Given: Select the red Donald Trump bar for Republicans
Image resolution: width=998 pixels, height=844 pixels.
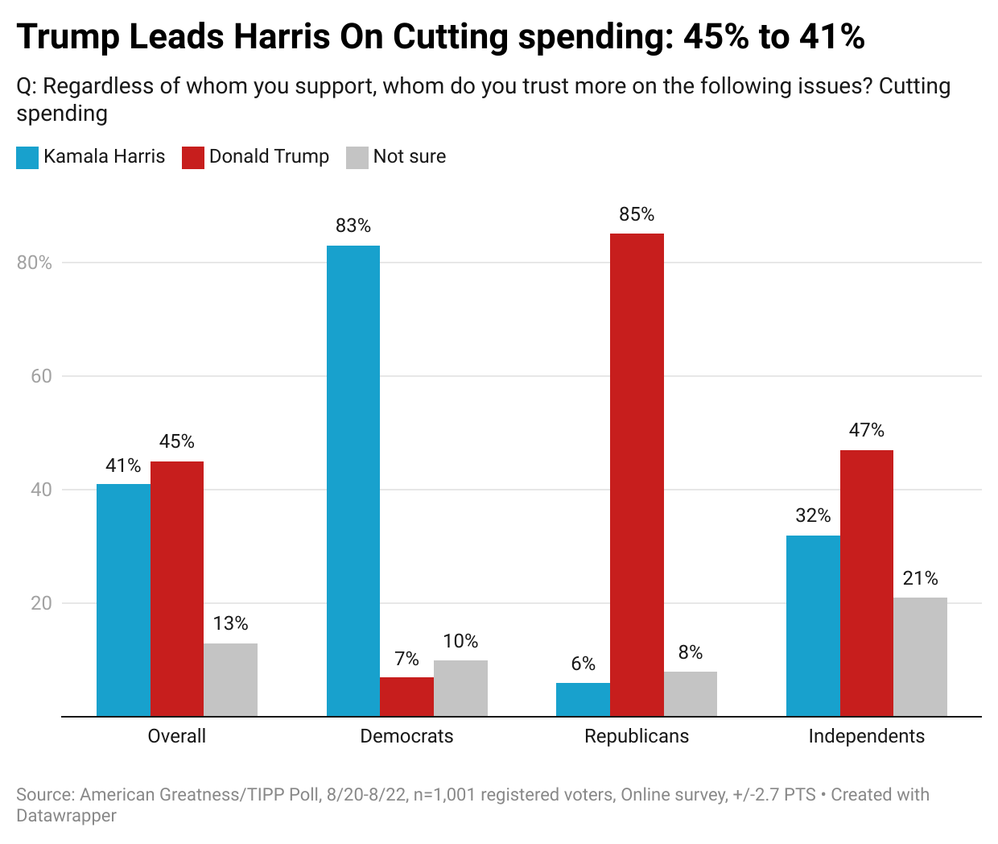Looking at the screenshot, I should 637,475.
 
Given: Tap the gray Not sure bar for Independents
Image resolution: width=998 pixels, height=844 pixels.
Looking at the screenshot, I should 920,657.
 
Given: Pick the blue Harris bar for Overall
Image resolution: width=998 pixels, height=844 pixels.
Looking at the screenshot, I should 123,600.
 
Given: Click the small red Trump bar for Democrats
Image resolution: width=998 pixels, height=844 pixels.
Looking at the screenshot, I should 406,697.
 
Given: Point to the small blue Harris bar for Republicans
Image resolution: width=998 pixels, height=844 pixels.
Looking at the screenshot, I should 583,700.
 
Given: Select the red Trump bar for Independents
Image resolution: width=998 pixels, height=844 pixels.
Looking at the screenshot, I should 866,583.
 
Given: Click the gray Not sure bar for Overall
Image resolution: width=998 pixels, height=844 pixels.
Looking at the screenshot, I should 230,680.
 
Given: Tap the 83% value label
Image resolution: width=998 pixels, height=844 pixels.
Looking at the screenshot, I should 353,226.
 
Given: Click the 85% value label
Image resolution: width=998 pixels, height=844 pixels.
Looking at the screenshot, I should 637,215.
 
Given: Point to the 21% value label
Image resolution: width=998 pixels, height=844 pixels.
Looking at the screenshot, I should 920,579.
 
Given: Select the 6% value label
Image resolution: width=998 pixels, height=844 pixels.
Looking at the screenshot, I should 583,664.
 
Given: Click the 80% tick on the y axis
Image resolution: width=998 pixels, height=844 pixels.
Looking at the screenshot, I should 35,263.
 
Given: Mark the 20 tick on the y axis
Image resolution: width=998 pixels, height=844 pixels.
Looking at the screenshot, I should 41,603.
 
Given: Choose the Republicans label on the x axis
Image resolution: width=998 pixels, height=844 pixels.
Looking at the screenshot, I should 637,736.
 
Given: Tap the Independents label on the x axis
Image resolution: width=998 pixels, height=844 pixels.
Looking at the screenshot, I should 866,736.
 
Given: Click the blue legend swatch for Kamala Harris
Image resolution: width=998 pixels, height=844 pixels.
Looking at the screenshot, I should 27,157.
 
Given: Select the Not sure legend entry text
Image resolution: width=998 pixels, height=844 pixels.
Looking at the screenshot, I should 409,157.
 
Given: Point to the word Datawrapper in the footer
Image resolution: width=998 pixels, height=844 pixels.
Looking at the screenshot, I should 66,816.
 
